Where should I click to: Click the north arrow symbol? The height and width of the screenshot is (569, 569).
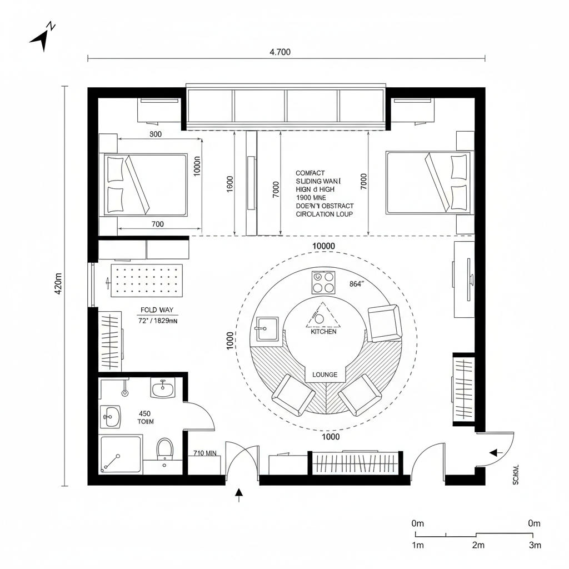pyautogui.click(x=41, y=37)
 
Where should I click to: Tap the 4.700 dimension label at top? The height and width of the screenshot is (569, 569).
pyautogui.click(x=279, y=52)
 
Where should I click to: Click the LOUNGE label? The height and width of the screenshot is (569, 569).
pyautogui.click(x=325, y=375)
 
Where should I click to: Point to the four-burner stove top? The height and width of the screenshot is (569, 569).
pyautogui.click(x=323, y=282)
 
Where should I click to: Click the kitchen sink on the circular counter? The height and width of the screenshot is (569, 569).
pyautogui.click(x=267, y=328)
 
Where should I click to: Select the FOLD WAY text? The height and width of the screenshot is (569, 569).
pyautogui.click(x=157, y=310)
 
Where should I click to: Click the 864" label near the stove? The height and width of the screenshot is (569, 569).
pyautogui.click(x=356, y=283)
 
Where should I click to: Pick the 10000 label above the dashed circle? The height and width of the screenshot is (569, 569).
pyautogui.click(x=323, y=246)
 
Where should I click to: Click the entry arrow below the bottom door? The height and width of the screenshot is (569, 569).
pyautogui.click(x=239, y=495)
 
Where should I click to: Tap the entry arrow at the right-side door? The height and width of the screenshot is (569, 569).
pyautogui.click(x=495, y=453)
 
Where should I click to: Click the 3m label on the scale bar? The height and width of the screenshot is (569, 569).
pyautogui.click(x=535, y=545)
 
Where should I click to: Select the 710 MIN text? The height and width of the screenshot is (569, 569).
pyautogui.click(x=204, y=453)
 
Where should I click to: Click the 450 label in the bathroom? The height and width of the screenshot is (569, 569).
pyautogui.click(x=144, y=413)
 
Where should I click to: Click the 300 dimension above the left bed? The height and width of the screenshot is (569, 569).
pyautogui.click(x=156, y=134)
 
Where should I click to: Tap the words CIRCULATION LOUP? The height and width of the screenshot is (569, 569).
pyautogui.click(x=324, y=213)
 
